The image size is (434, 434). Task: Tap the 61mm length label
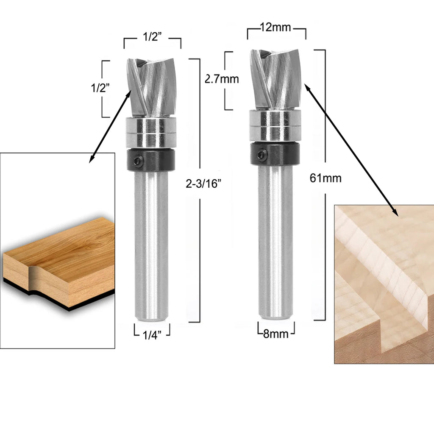[x=325, y=178]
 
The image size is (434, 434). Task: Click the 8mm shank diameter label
[x=275, y=334]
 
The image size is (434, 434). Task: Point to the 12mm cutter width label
[x=275, y=28]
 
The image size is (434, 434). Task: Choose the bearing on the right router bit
[x=275, y=125]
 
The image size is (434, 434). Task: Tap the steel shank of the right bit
[x=275, y=242]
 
